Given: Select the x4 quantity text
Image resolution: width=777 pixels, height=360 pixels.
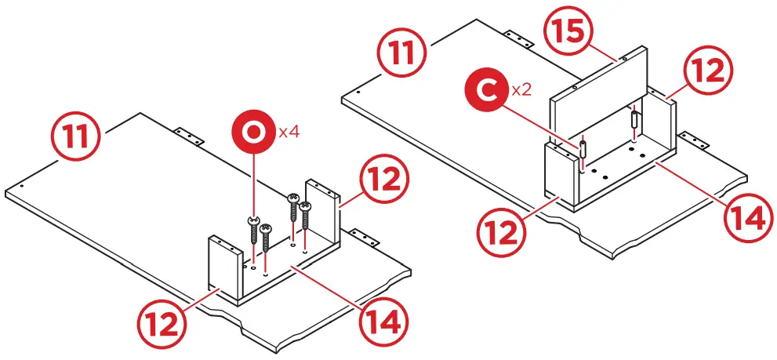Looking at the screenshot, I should pos(289,132).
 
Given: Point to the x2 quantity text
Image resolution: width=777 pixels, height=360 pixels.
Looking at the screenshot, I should pos(521,90).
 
